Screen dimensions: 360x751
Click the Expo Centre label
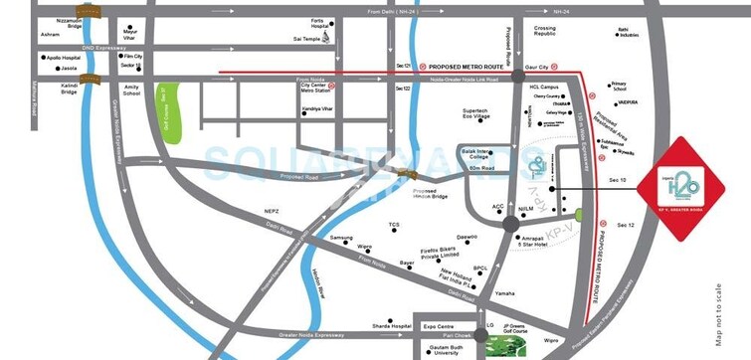pos(438,324)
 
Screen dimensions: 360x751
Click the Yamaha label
pos(505,294)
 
